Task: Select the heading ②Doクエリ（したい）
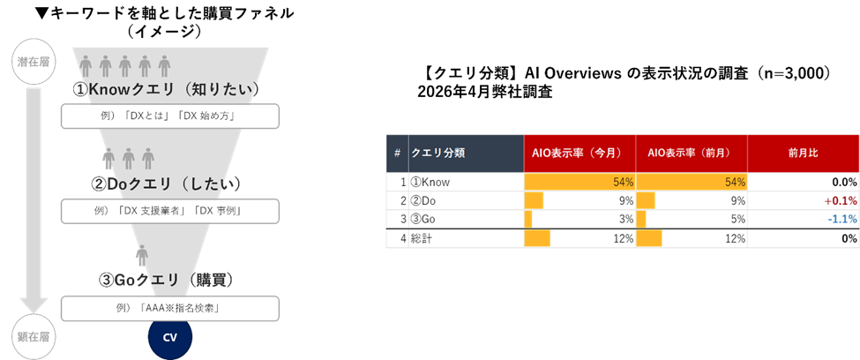(166, 184)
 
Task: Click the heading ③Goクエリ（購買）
(166, 280)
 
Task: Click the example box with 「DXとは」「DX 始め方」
(169, 116)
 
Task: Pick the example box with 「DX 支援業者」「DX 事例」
(169, 211)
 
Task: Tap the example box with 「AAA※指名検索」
(169, 308)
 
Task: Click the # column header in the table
(397, 154)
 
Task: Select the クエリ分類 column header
(465, 154)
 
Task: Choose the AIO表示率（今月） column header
(580, 154)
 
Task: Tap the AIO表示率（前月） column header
(692, 154)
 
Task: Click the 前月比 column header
(803, 154)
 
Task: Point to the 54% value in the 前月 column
(735, 182)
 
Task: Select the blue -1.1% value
(841, 219)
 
